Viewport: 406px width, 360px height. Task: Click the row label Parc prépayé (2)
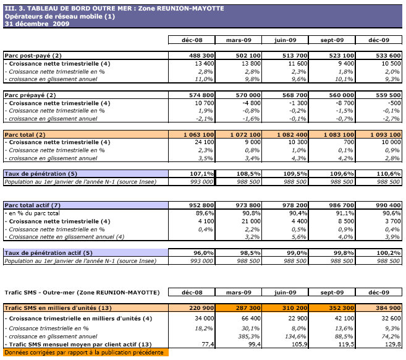pos(29,95)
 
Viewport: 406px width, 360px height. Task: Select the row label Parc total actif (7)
pos(33,205)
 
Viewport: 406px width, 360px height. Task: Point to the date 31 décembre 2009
pos(37,23)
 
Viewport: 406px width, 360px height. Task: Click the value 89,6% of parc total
pos(205,213)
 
